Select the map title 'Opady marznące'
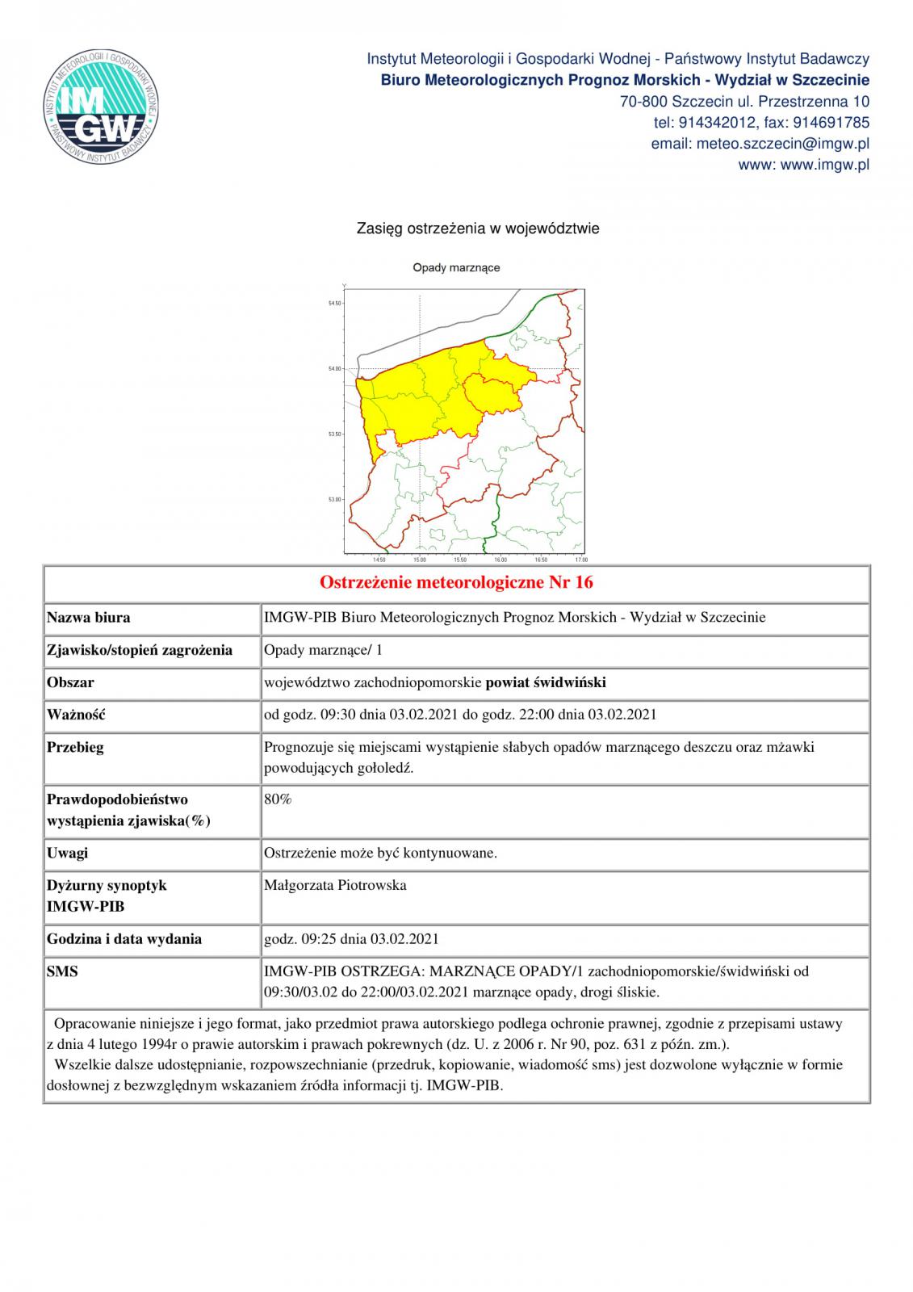(x=456, y=267)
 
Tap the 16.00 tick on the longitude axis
(x=500, y=560)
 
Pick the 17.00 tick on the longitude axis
(x=580, y=560)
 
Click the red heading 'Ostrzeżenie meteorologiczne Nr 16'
(x=456, y=582)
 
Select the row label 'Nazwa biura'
(x=89, y=618)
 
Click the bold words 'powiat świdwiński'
(x=546, y=682)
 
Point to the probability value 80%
(x=278, y=799)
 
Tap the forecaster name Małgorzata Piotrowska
(x=335, y=885)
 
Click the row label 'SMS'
(x=63, y=971)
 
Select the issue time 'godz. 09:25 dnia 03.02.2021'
(x=351, y=939)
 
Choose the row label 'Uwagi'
(x=68, y=853)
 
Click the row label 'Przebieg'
(x=75, y=747)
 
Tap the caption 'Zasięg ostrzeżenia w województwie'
(x=478, y=229)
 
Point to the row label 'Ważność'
(x=77, y=715)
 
